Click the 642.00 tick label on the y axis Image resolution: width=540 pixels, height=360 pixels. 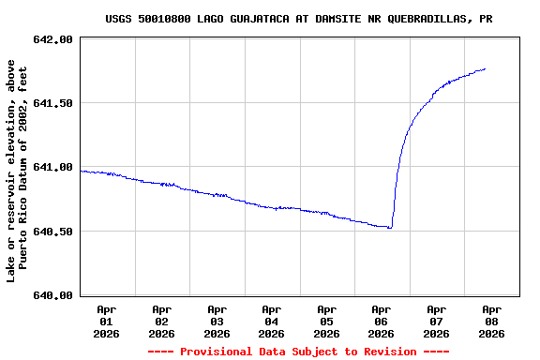click(53, 39)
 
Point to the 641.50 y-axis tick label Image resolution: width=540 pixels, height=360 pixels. click(53, 103)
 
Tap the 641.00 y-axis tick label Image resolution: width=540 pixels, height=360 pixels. click(53, 167)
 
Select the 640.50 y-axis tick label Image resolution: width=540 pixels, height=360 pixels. click(53, 231)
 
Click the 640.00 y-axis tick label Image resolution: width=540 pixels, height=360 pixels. click(53, 295)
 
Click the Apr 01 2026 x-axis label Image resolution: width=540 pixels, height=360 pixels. click(107, 321)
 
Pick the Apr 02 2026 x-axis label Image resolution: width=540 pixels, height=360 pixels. click(161, 321)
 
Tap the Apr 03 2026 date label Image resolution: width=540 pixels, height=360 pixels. click(217, 321)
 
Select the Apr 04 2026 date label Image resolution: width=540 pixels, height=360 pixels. click(271, 321)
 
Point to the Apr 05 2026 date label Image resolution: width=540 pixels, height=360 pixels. click(326, 321)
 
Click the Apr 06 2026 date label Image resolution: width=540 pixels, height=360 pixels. click(381, 321)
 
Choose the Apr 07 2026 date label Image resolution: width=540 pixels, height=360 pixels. click(436, 321)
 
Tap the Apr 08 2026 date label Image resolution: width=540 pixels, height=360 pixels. click(491, 321)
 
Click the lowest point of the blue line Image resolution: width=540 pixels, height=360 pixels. click(390, 228)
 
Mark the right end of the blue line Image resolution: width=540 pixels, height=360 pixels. click(485, 68)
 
